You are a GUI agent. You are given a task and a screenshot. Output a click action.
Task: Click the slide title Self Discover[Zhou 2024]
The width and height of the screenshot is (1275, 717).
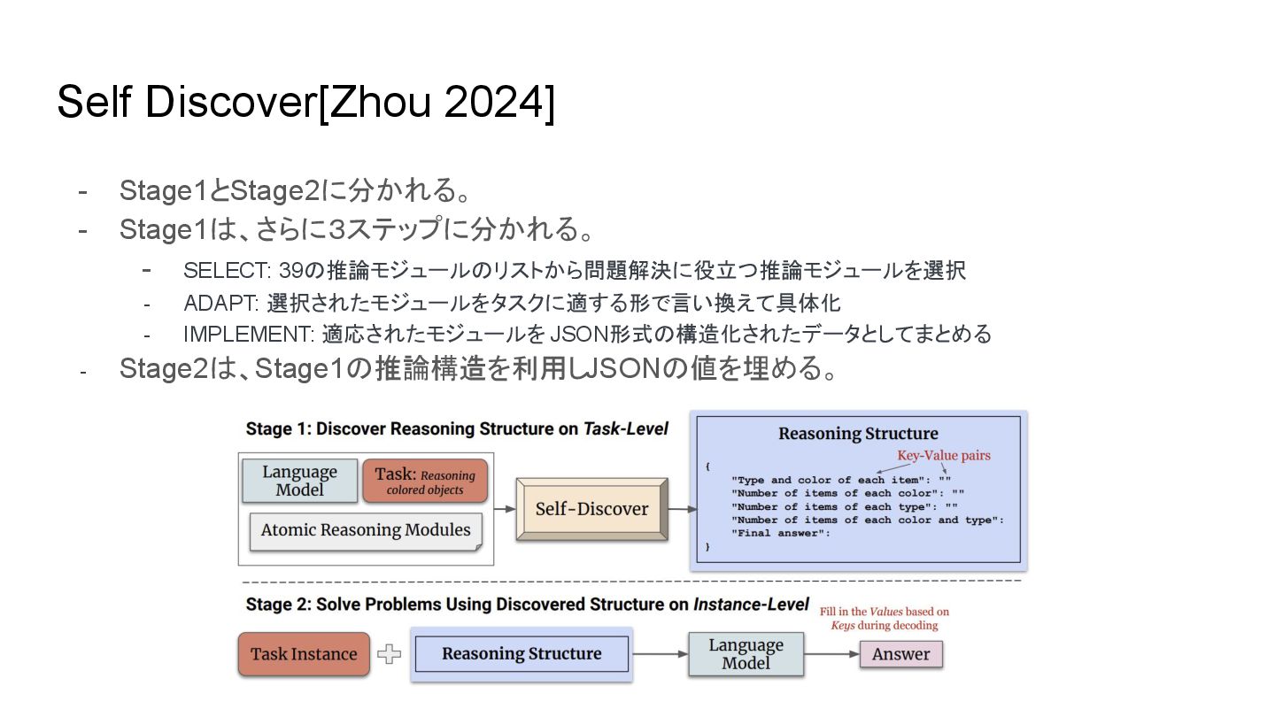pos(305,103)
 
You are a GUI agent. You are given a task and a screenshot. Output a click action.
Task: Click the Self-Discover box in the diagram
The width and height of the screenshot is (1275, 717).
pos(591,509)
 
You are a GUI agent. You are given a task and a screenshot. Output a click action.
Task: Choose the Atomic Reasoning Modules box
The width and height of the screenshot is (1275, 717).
pos(366,530)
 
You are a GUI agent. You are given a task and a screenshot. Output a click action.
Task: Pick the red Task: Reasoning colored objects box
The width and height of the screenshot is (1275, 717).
pos(425,481)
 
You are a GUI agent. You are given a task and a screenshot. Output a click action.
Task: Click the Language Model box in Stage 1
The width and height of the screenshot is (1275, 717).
pos(299,481)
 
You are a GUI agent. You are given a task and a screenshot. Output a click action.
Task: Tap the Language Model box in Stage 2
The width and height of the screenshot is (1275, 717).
pos(746,654)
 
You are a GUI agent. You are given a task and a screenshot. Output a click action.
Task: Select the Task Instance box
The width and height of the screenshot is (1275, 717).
pos(304,654)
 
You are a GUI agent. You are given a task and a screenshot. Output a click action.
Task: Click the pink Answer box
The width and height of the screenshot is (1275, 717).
pos(900,654)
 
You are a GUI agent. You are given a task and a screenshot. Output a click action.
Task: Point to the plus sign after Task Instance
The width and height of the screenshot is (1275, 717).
pos(390,654)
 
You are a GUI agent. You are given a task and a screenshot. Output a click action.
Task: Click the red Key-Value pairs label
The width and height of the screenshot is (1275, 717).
pos(944,455)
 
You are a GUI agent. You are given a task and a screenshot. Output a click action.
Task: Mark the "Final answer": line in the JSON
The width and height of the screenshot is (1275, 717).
pos(781,533)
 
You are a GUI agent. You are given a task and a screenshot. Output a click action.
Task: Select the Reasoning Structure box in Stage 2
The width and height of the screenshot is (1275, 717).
pos(522,654)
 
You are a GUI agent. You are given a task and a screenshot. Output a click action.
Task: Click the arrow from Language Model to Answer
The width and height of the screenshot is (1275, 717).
pos(831,654)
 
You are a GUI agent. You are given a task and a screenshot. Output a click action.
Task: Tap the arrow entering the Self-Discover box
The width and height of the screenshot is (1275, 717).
pos(505,509)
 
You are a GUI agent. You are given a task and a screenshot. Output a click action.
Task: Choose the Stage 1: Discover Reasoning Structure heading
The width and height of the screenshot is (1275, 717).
pos(457,429)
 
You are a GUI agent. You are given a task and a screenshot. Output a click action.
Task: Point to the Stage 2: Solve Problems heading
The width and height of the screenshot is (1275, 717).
pos(527,605)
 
